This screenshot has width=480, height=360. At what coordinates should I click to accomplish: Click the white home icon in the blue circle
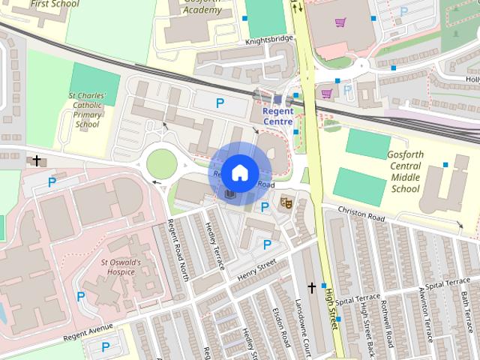tap(239, 172)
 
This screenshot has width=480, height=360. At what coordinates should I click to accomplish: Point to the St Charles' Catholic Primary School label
tap(88, 110)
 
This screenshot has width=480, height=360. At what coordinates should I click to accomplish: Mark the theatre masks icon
tap(285, 202)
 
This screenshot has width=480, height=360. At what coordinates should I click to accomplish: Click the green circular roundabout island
tap(161, 162)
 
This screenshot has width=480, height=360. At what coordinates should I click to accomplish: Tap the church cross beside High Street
tap(312, 288)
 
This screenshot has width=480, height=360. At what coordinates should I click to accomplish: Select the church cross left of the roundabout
tap(35, 160)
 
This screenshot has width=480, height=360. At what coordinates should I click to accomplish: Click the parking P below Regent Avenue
tap(106, 346)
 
